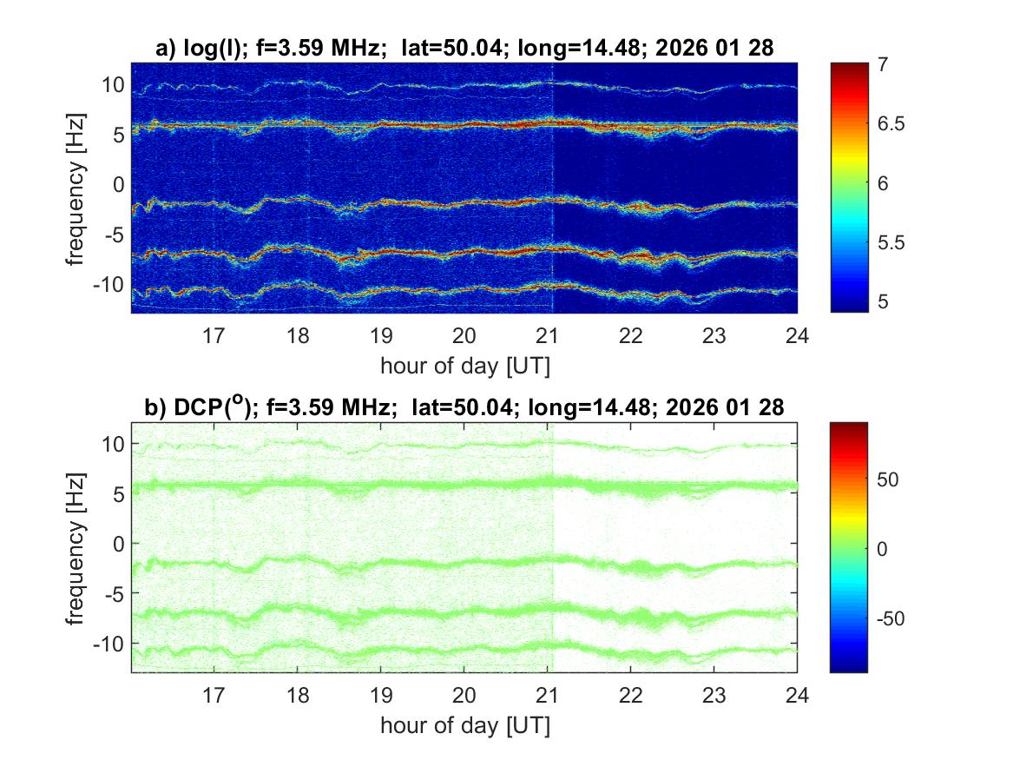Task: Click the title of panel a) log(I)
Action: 464,50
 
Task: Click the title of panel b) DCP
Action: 464,407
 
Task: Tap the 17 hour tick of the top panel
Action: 214,334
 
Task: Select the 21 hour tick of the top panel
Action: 548,334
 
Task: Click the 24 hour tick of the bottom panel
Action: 797,694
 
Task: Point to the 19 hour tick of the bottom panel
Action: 381,694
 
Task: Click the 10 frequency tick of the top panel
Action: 112,84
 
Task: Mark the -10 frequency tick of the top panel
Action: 108,285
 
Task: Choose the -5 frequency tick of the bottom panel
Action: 112,594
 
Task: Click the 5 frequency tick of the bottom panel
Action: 117,493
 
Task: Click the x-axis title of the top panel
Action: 464,366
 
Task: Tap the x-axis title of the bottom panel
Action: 464,725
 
